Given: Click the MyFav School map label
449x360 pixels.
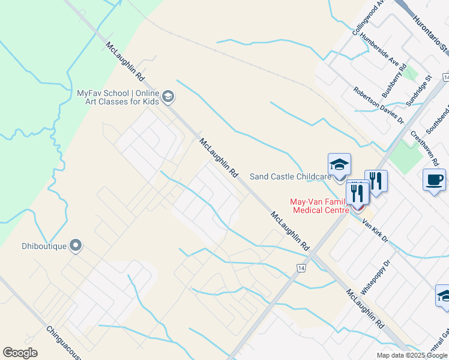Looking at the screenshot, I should (118, 97).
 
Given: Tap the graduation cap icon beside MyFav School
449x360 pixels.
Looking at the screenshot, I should (168, 96).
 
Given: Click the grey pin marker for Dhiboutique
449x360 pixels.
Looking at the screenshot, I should (76, 245).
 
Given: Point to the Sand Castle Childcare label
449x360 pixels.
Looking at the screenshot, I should (291, 176).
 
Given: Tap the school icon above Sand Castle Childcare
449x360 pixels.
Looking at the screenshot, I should (339, 164).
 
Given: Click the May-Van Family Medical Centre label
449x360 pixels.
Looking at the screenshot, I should (320, 206).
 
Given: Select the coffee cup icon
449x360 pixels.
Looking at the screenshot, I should (434, 179).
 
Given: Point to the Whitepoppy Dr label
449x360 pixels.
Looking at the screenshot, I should (376, 276).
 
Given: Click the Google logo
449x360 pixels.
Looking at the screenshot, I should (20, 353).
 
